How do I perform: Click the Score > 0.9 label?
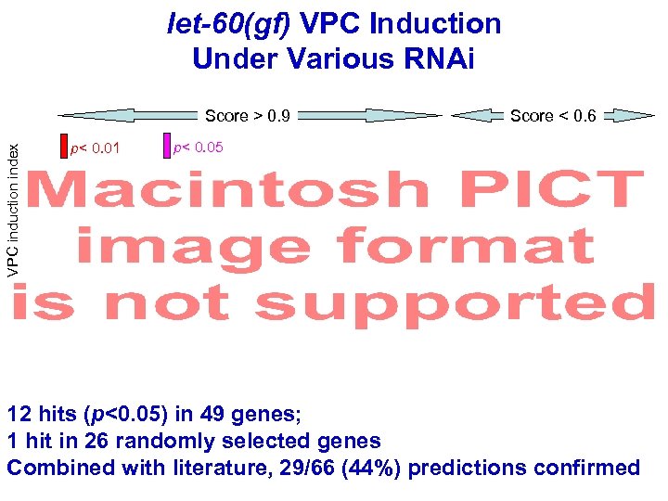tap(248, 116)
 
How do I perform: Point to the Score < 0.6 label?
tap(553, 116)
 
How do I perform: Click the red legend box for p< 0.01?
tap(64, 147)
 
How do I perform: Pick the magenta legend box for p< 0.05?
tap(167, 146)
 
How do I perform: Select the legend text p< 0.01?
tap(95, 148)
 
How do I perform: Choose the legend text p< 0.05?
tap(199, 147)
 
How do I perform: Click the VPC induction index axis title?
tap(13, 200)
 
